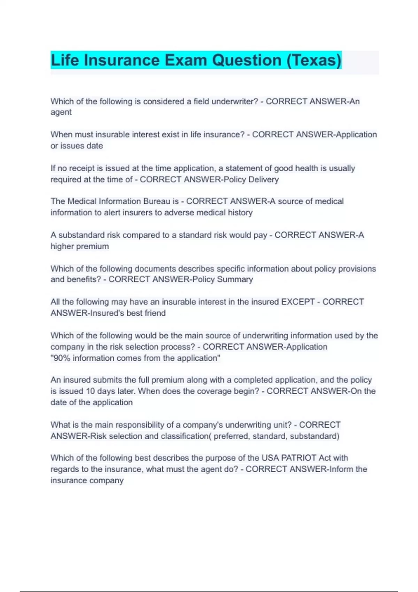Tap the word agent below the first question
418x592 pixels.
tap(61, 112)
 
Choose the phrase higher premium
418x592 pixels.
tap(80, 246)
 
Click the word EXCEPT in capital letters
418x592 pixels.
tap(298, 302)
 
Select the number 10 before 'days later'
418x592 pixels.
tap(91, 391)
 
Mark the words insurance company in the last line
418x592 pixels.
tap(87, 480)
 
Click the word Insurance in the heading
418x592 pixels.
tap(122, 60)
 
